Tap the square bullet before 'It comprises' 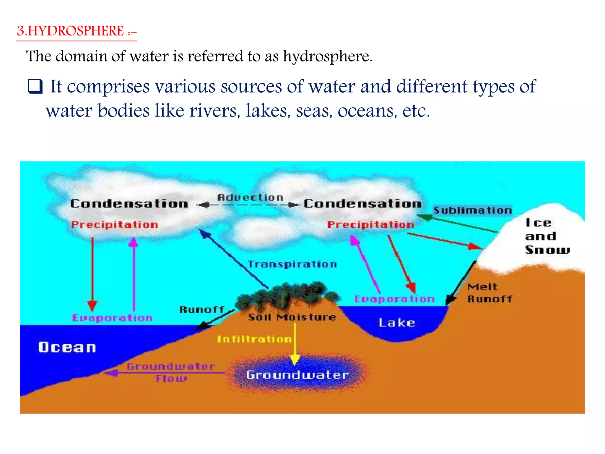35,87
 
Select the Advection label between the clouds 250,197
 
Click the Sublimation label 472,210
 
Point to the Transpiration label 292,264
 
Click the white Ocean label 67,347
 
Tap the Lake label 397,322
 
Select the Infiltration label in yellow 254,339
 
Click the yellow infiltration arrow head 295,359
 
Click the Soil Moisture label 292,317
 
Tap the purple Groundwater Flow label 171,372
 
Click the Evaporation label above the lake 394,299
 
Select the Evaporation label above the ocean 112,318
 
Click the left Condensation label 129,204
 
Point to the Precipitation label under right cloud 370,225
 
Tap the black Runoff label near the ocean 202,310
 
